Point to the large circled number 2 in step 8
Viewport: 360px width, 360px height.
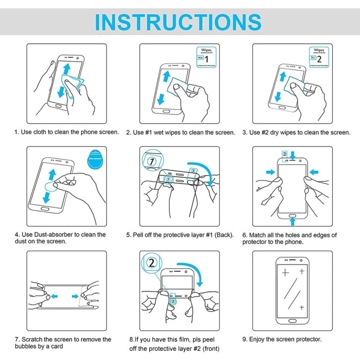point(152,263)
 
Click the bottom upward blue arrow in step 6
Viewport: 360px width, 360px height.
point(292,221)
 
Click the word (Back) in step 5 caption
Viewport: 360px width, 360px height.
point(224,235)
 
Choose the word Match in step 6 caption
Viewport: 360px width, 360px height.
point(259,235)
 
